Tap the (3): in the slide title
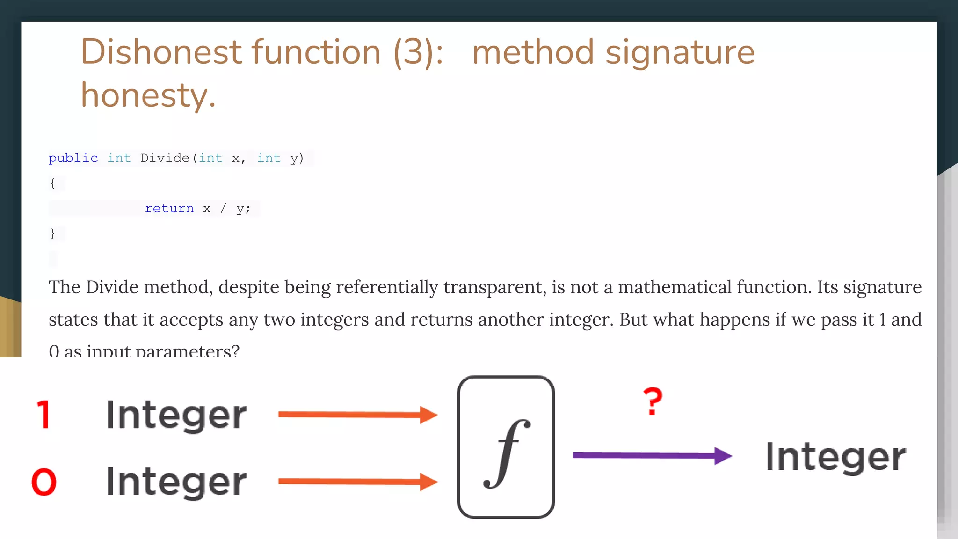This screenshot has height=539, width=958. pyautogui.click(x=418, y=52)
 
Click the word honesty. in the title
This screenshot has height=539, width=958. pyautogui.click(x=148, y=95)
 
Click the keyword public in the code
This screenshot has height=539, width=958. pyautogui.click(x=73, y=158)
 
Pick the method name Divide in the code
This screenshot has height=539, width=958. pyautogui.click(x=165, y=158)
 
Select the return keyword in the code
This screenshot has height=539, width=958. pyautogui.click(x=169, y=208)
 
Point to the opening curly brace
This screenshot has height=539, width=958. pyautogui.click(x=52, y=183)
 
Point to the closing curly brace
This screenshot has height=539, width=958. pyautogui.click(x=52, y=233)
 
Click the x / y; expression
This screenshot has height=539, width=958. pyautogui.click(x=227, y=208)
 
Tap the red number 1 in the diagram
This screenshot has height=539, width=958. pyautogui.click(x=44, y=415)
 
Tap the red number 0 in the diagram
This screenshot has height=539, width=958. pyautogui.click(x=44, y=482)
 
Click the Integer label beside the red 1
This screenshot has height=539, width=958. pyautogui.click(x=176, y=415)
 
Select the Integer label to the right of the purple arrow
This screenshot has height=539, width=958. pyautogui.click(x=835, y=457)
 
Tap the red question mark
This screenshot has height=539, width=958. pyautogui.click(x=653, y=401)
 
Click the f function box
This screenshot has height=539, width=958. pyautogui.click(x=506, y=447)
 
